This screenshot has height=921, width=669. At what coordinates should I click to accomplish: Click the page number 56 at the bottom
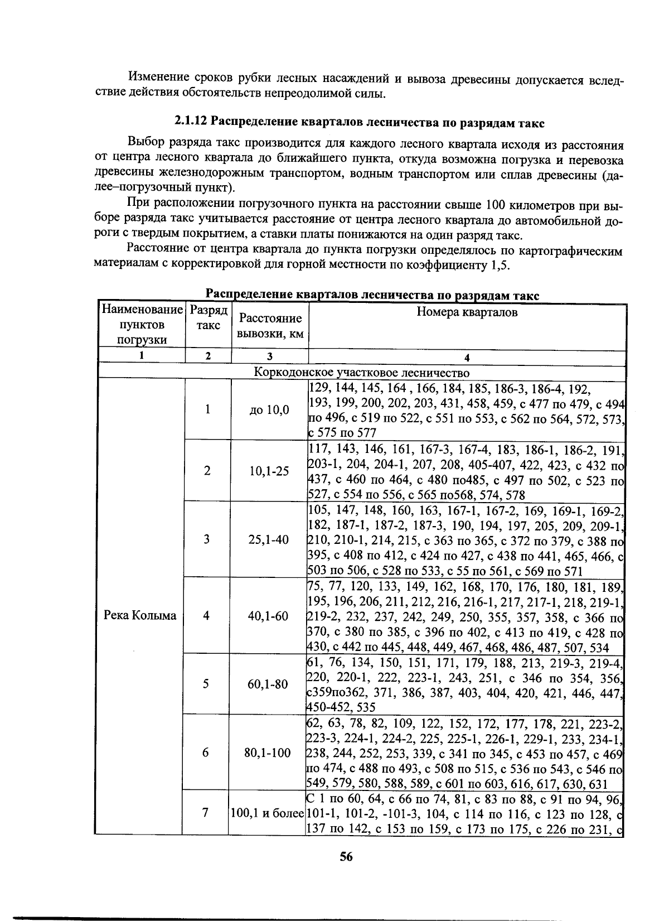(346, 857)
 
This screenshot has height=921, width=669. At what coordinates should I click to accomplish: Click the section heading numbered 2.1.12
(359, 122)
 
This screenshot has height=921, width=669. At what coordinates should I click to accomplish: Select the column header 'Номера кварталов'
(467, 312)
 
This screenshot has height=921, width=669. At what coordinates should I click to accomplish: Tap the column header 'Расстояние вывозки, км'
(270, 326)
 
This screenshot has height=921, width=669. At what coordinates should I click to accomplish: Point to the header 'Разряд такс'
(208, 318)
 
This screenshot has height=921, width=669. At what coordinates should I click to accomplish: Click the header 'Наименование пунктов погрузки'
(142, 325)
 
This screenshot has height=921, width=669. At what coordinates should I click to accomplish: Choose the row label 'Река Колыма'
(140, 615)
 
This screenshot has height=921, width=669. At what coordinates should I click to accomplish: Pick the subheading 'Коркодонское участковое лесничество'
(362, 372)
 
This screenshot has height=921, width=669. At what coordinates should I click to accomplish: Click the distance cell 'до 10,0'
(269, 410)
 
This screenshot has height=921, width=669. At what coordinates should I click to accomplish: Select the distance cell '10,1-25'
(269, 471)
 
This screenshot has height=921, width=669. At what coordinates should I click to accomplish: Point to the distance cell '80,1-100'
(268, 753)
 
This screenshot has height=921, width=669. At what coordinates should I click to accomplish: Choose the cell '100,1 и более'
(267, 813)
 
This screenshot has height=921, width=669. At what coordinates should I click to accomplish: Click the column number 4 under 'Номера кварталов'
(467, 357)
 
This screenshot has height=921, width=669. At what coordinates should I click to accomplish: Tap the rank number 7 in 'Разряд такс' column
(206, 813)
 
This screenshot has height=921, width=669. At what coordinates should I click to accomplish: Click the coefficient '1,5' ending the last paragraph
(501, 265)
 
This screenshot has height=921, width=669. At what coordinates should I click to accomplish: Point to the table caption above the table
(372, 296)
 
